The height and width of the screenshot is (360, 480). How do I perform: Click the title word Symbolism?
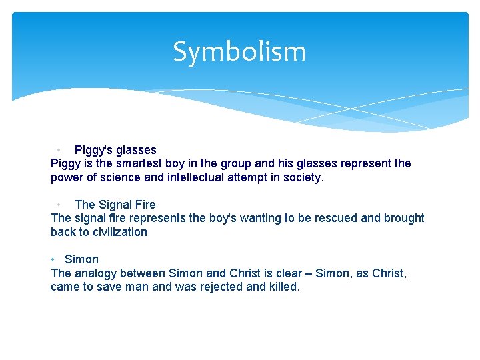(x=239, y=52)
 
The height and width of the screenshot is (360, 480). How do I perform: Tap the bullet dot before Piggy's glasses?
(x=59, y=150)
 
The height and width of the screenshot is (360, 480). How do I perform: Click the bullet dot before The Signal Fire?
(x=59, y=205)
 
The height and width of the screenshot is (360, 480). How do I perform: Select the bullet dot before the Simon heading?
(x=53, y=259)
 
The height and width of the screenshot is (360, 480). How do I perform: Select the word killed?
(x=283, y=287)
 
